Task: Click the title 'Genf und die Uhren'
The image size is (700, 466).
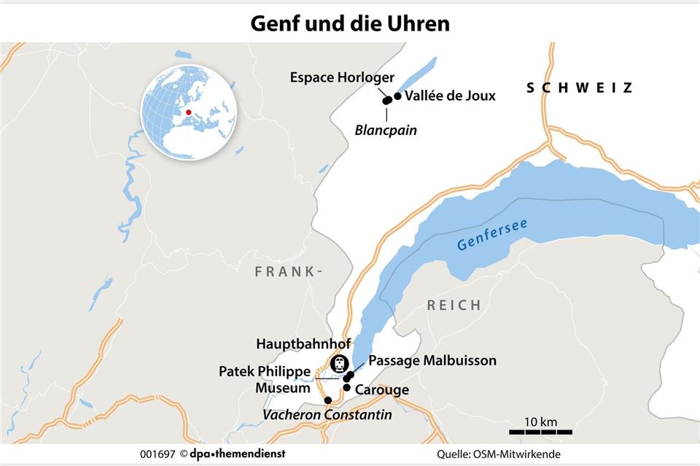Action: coord(350,23)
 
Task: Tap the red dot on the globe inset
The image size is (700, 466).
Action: coord(188,112)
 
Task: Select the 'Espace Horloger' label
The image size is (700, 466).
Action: coord(342,77)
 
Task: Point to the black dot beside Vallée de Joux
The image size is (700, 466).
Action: coord(397,96)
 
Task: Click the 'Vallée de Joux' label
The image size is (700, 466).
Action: coord(450,96)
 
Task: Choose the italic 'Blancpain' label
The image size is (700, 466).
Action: coord(386,129)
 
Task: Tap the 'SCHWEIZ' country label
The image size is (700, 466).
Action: coord(580,88)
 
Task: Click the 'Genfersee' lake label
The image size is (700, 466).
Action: coord(492,235)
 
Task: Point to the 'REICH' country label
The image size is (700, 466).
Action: coord(454,305)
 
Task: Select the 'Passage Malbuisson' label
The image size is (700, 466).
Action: coord(432,360)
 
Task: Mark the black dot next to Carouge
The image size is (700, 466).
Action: coord(347,387)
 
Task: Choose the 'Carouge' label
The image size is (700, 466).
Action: coord(381,390)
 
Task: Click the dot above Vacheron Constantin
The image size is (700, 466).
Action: coord(328,400)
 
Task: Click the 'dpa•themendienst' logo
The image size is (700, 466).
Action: coord(231,454)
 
